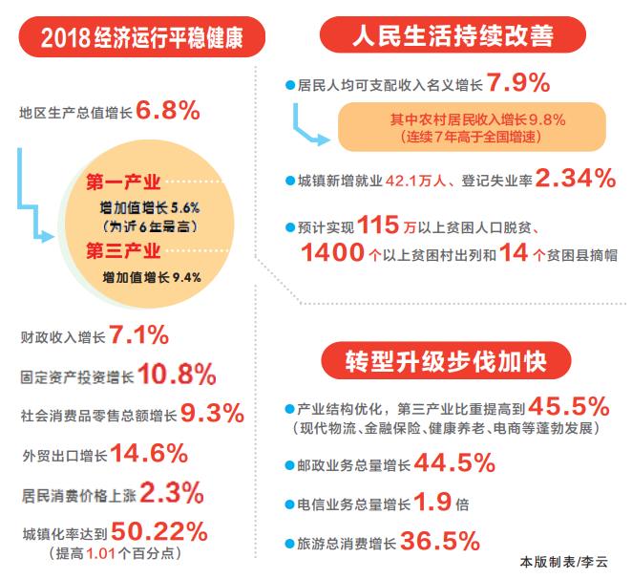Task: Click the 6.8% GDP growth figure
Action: pyautogui.click(x=168, y=111)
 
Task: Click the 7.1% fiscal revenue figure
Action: pyautogui.click(x=139, y=335)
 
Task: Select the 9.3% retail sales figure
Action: pyautogui.click(x=212, y=414)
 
